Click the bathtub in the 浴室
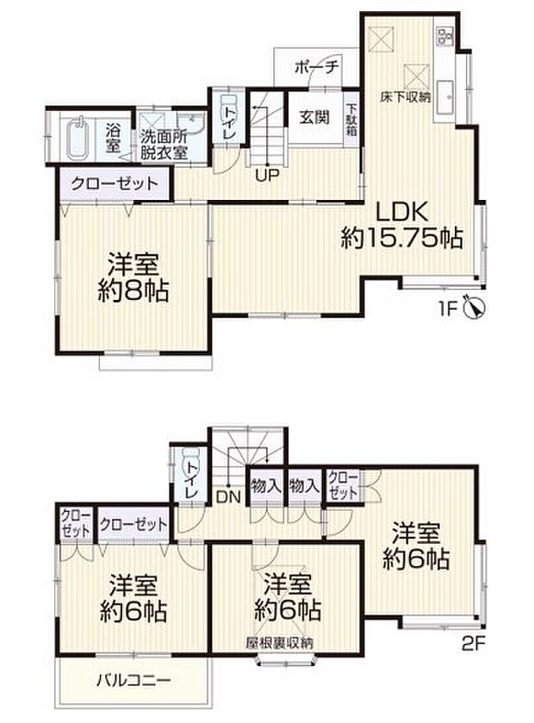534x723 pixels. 78,139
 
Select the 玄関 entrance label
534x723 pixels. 314,118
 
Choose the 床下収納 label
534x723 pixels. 407,97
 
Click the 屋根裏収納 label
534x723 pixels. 278,643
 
